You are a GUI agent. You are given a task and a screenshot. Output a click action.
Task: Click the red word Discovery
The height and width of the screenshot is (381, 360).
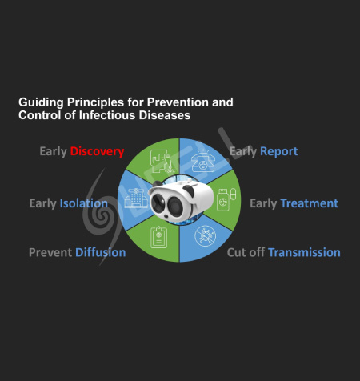point(97,151)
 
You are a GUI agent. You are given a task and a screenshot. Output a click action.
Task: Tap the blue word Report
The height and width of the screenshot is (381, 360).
point(278,151)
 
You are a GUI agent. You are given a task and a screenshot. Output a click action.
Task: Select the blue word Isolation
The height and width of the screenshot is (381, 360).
point(84,203)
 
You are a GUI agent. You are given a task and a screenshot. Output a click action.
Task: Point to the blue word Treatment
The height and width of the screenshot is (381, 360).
point(309,203)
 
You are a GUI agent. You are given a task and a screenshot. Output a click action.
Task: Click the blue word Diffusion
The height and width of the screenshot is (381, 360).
point(101,252)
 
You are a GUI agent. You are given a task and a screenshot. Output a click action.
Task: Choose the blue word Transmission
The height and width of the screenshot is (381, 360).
point(304,252)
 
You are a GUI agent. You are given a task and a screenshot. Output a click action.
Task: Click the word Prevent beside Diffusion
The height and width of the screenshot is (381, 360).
point(50,252)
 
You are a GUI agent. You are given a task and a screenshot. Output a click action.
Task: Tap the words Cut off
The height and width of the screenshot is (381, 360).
point(246,252)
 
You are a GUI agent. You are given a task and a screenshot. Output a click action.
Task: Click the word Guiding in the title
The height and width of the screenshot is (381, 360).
point(41,102)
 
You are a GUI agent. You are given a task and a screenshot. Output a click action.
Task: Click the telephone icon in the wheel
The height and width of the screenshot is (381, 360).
point(203,161)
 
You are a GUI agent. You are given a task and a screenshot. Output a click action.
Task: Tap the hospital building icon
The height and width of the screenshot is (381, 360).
point(136,199)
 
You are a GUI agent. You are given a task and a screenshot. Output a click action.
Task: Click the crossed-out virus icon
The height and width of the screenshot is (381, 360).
point(206,236)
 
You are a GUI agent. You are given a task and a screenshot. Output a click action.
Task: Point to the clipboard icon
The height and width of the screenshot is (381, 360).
point(159,237)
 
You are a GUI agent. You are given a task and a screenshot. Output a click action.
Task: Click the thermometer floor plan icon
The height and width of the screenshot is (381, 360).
point(162,162)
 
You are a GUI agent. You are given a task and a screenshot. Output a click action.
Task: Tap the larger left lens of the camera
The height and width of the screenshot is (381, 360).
point(158,202)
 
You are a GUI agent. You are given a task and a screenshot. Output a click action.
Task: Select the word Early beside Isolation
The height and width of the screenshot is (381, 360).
point(43,203)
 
